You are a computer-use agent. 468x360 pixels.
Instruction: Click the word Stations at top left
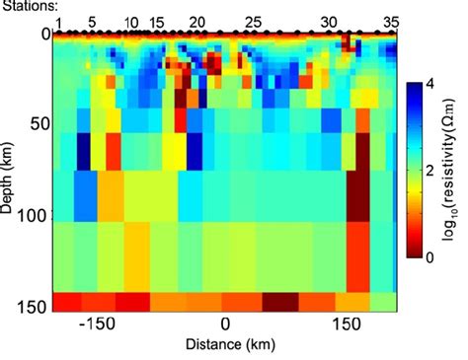click(29, 6)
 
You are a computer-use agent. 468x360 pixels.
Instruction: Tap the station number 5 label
click(92, 21)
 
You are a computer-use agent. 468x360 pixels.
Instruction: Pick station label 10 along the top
click(131, 21)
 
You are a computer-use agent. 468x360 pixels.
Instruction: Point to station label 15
click(158, 21)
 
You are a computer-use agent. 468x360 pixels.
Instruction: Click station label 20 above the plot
click(196, 21)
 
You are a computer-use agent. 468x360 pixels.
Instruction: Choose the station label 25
click(253, 21)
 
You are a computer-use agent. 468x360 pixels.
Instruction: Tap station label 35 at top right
click(391, 21)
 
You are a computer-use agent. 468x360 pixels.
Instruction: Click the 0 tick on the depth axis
click(43, 35)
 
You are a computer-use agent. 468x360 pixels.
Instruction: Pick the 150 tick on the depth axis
click(35, 307)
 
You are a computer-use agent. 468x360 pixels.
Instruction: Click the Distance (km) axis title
click(225, 345)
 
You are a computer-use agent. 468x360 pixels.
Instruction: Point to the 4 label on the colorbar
click(435, 85)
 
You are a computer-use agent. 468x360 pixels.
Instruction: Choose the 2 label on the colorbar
click(435, 171)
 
